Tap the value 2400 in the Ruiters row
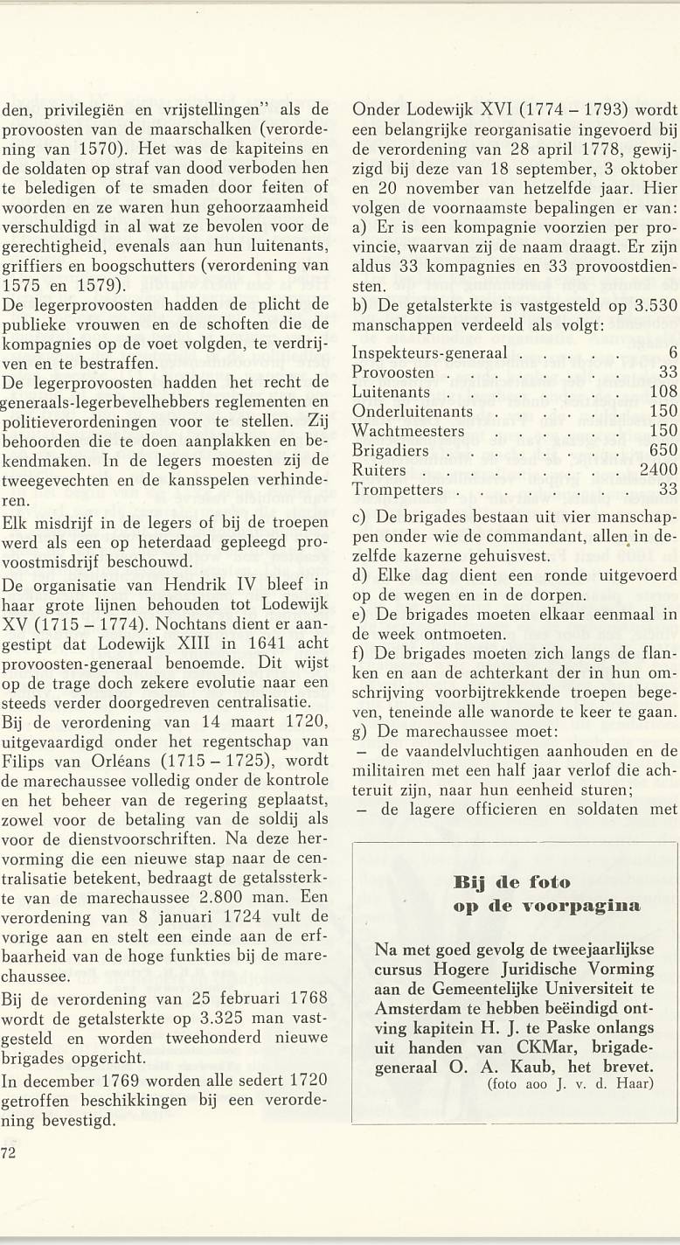657,470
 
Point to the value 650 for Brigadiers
663,450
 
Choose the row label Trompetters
397,489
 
